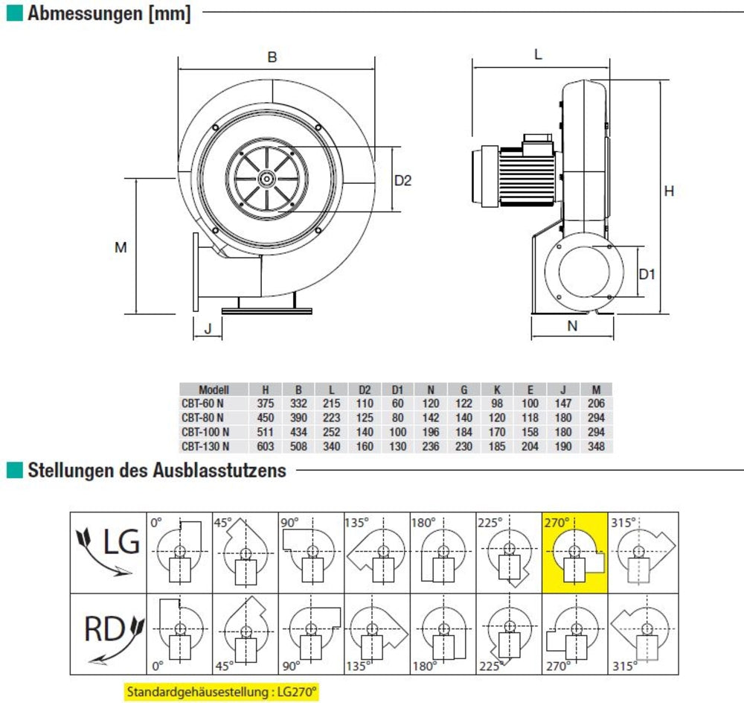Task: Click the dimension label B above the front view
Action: [x=272, y=57]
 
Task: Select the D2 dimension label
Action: [x=403, y=179]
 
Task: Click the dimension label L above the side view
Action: [x=538, y=54]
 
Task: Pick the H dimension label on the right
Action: [x=669, y=191]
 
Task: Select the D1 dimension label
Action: [x=647, y=274]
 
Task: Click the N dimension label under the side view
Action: [x=572, y=325]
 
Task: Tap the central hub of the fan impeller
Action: [x=266, y=178]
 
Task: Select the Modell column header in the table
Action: [x=214, y=389]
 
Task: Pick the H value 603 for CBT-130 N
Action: [x=266, y=447]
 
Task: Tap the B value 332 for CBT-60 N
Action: [x=298, y=404]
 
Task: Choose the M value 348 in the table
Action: [x=596, y=447]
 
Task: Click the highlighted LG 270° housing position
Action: [x=575, y=553]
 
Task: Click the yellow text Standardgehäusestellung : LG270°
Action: [x=222, y=691]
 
